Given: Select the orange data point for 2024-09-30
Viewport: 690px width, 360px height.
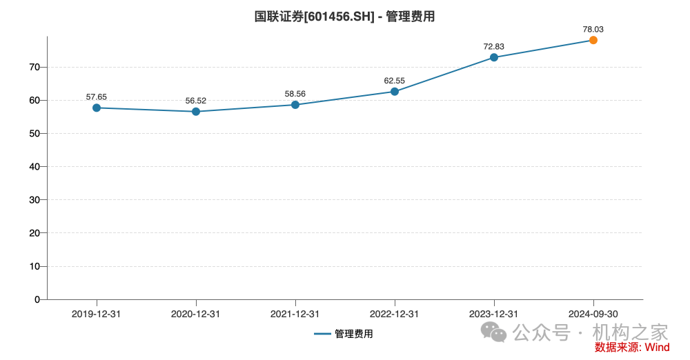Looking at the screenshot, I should (x=593, y=40).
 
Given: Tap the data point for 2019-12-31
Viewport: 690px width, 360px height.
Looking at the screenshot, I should (x=97, y=108).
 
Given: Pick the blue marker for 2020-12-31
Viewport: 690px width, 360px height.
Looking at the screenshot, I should (x=196, y=111).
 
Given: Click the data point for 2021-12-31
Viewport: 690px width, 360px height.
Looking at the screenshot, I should (x=295, y=105).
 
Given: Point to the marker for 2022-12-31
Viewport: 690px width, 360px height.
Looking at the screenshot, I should (x=395, y=91).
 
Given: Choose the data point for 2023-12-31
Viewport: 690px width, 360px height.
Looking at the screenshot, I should (x=494, y=57).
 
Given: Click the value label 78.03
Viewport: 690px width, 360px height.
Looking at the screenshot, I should (x=593, y=29).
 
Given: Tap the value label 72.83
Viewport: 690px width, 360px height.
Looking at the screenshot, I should (x=494, y=46).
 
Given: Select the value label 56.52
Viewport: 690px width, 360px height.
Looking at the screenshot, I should (x=196, y=101).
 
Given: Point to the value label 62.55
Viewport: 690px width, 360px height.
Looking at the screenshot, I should (x=395, y=80).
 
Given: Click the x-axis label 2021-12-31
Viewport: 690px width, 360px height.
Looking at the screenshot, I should (x=295, y=314).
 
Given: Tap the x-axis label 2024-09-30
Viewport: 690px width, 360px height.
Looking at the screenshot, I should (x=593, y=314).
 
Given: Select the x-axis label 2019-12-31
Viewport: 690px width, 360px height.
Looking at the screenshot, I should (x=97, y=314).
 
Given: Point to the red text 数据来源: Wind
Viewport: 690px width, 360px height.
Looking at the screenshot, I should (x=632, y=347).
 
